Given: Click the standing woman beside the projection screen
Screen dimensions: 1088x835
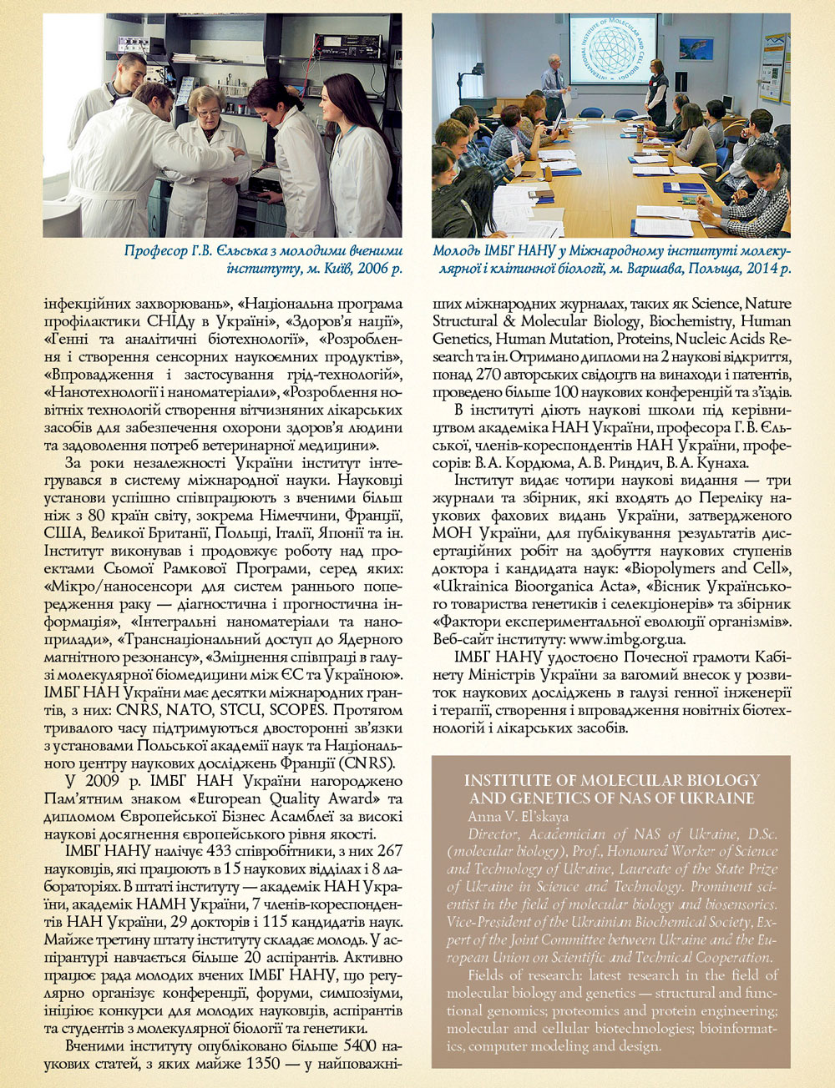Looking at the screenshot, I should point(656,92).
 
